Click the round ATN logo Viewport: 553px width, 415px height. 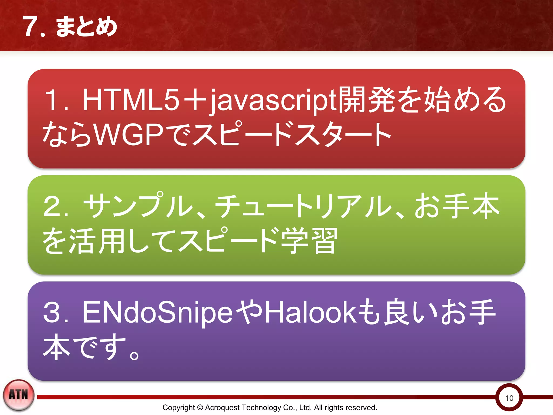(18, 395)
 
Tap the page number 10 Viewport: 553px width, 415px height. (509, 398)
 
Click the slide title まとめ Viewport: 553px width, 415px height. (86, 26)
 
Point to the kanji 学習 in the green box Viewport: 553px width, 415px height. (309, 240)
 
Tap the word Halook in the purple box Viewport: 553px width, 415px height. (311, 312)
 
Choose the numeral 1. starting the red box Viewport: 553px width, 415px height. (55, 100)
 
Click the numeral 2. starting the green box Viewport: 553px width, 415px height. (55, 206)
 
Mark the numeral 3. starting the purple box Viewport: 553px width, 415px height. (55, 312)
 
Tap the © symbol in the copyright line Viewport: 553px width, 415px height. (200, 407)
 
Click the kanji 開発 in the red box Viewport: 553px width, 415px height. (367, 100)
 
